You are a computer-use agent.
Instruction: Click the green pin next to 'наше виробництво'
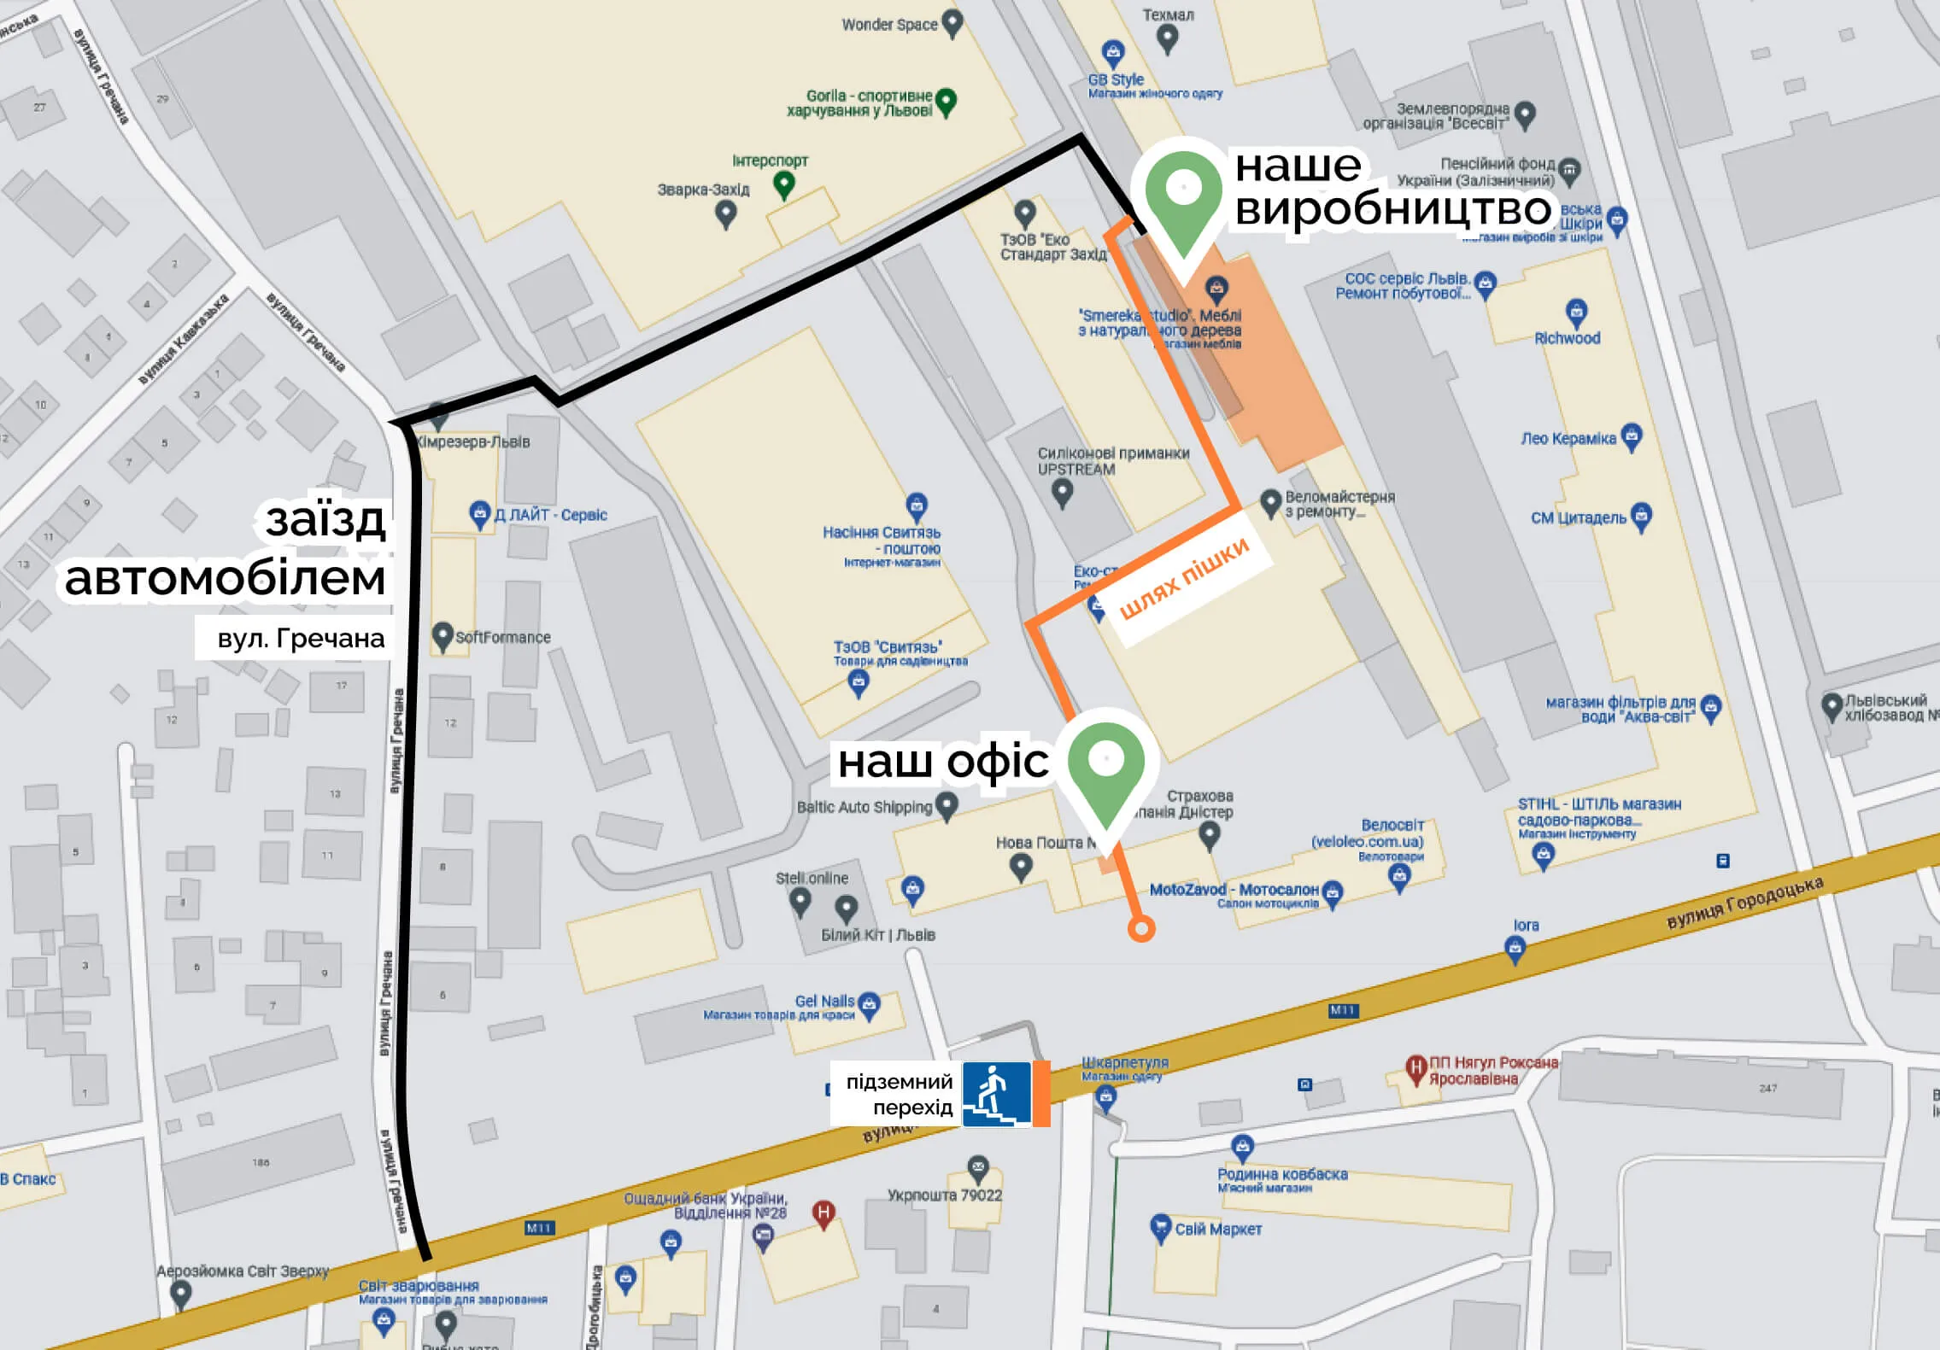coord(1183,192)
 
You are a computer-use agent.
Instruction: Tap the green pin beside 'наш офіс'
coord(1105,764)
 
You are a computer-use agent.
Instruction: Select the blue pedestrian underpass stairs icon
coord(996,1094)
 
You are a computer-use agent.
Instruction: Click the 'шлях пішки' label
coord(1184,578)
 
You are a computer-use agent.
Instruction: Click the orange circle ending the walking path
coord(1141,928)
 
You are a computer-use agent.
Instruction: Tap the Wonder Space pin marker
coord(952,22)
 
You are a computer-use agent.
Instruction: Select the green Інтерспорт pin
coord(783,183)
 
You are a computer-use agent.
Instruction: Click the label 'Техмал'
coord(1167,15)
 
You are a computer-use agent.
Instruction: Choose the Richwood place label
coord(1567,338)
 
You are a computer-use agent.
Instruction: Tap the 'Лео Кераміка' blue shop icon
coord(1631,436)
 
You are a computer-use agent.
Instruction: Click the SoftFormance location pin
coord(442,635)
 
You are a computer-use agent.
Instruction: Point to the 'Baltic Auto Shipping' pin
coord(946,804)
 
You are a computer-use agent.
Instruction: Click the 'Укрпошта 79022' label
coord(944,1195)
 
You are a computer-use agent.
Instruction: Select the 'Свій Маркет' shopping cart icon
coord(1159,1228)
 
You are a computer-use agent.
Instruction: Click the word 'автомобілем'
coord(226,579)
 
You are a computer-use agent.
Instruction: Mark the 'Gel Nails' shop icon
coord(869,1003)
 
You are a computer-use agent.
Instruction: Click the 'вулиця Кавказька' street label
coord(183,340)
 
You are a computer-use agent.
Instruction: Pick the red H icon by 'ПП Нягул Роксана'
coord(1415,1067)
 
